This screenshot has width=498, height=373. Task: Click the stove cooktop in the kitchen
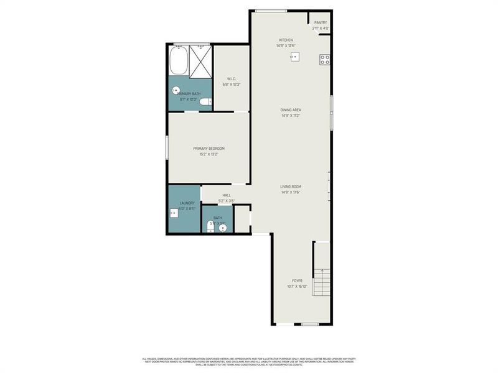324,60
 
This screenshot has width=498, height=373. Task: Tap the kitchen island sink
294,57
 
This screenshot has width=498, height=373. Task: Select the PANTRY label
321,22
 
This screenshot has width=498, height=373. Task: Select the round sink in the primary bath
176,90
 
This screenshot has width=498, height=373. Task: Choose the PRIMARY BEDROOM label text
209,149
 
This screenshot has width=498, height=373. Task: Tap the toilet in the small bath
209,228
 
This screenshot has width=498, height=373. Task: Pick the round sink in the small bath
222,227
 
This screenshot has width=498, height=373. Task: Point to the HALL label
227,195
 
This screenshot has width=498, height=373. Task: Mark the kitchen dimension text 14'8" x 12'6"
286,45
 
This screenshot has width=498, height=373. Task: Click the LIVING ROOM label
291,186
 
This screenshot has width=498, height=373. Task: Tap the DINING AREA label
291,110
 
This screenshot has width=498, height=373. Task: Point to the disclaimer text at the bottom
249,361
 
